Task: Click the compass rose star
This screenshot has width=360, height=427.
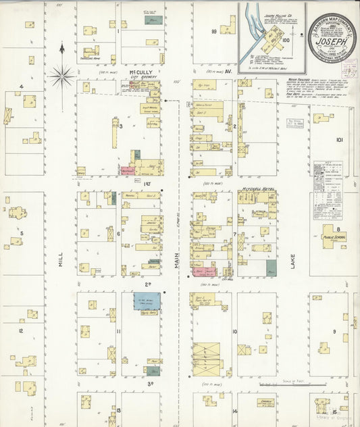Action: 61,76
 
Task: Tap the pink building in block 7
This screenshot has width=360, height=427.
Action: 201,272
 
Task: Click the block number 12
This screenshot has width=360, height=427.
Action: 21,330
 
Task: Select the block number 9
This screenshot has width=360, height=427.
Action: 334,332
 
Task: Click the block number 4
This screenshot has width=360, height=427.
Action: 21,86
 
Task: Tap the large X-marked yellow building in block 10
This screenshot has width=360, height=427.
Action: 206,356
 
